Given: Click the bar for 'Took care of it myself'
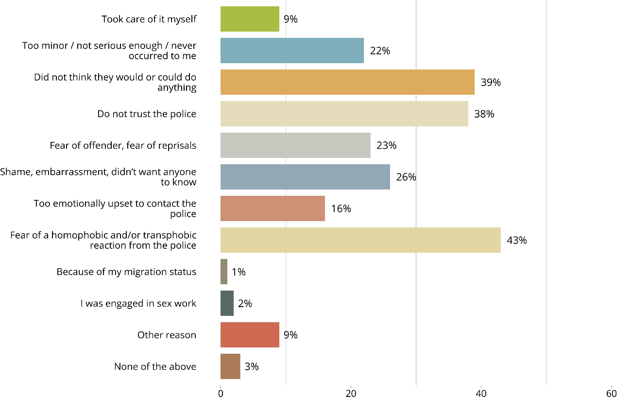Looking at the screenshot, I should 250,19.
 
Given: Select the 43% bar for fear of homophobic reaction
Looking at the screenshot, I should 360,240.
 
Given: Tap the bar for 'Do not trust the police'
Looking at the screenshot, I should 344,114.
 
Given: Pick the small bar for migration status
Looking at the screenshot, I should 224,272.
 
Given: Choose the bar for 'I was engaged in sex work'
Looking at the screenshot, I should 227,303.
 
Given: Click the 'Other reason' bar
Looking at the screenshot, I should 250,335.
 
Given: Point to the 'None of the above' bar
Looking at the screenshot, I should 230,366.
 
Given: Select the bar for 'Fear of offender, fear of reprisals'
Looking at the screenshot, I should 295,145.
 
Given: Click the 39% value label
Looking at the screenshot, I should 491,82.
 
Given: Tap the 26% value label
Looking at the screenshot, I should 406,177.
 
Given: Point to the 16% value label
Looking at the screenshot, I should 341,208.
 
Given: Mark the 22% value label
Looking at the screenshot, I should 380,51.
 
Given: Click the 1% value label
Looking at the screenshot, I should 239,272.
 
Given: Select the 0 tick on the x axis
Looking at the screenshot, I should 221,394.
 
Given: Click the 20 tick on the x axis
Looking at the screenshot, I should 351,394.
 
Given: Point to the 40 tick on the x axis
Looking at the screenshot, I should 481,394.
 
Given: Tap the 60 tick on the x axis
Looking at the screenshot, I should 611,394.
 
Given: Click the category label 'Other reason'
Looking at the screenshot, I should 167,335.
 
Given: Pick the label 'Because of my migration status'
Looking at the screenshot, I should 126,272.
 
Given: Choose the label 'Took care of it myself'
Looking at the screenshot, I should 149,19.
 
